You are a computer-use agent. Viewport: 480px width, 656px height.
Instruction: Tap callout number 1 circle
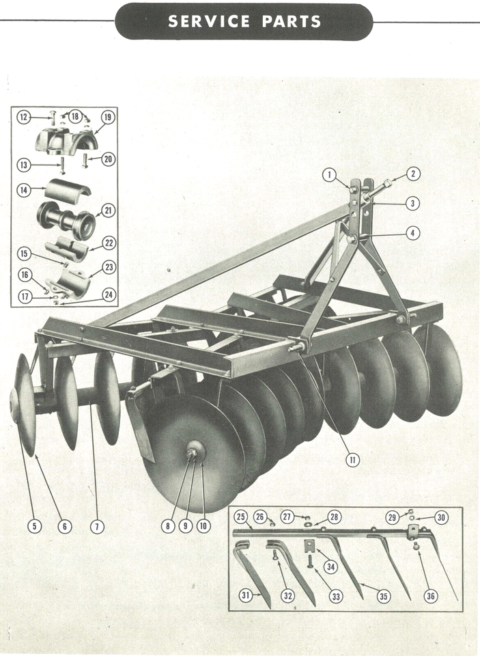coord(330,176)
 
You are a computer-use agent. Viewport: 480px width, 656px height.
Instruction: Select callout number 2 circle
coord(412,174)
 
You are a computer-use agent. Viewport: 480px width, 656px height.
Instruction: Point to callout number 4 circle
coord(412,233)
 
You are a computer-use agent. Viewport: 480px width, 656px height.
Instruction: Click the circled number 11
coord(352,460)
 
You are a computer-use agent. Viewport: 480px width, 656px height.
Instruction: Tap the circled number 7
coord(98,526)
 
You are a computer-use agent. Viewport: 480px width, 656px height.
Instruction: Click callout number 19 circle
coord(107,118)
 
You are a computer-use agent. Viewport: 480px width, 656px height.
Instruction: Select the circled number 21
coord(108,210)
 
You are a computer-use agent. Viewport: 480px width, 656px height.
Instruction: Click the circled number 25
coord(240,516)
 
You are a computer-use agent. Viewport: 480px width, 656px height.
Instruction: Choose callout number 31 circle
coord(246,595)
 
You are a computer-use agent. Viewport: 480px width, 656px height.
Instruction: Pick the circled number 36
coord(430,595)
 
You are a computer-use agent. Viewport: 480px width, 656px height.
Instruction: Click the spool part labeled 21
coord(67,219)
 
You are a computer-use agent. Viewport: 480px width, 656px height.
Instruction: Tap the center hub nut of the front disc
coord(193,452)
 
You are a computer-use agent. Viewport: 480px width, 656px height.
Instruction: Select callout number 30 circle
coord(441,518)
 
